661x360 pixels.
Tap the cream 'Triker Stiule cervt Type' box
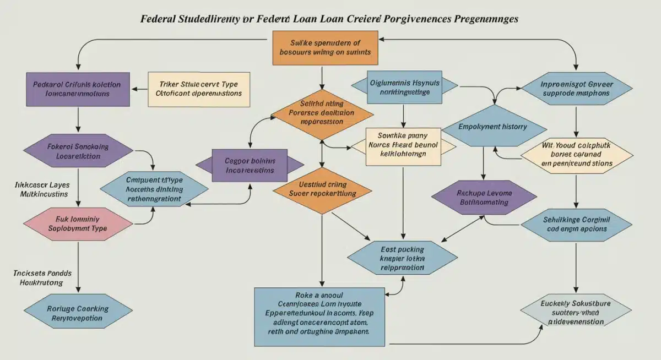pos(199,89)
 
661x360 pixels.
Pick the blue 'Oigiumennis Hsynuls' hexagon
pos(404,87)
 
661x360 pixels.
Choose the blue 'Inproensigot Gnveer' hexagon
pos(576,89)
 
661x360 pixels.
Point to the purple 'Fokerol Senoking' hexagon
pos(78,151)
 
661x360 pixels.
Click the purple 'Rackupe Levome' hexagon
pos(484,198)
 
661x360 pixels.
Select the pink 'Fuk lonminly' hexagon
pos(78,223)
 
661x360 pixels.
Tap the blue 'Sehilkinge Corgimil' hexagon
pos(576,223)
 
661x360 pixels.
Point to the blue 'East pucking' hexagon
pos(403,258)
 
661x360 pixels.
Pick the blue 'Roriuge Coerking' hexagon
pos(78,313)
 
